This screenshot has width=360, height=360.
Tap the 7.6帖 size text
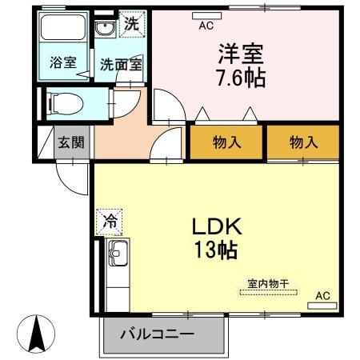239,78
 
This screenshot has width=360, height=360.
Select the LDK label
216,227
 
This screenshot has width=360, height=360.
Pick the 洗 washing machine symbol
131,24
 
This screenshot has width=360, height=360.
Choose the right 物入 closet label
304,143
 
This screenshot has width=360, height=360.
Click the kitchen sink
118,254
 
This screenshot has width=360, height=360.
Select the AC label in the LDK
322,296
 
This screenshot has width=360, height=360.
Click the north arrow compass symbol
36,334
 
